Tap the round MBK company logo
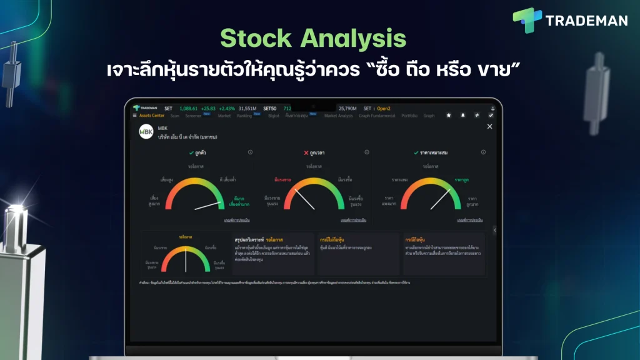(x=146, y=132)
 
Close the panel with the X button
(x=489, y=127)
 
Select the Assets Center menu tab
(x=151, y=116)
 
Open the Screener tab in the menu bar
(x=193, y=116)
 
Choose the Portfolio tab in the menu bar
(x=409, y=116)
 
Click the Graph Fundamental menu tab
(x=377, y=116)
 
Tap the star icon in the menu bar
(x=448, y=116)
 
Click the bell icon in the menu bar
(x=462, y=116)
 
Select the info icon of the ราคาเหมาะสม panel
(x=484, y=152)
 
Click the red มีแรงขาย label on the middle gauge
(x=282, y=179)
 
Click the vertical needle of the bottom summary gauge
(x=186, y=260)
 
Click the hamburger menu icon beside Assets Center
(x=134, y=116)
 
